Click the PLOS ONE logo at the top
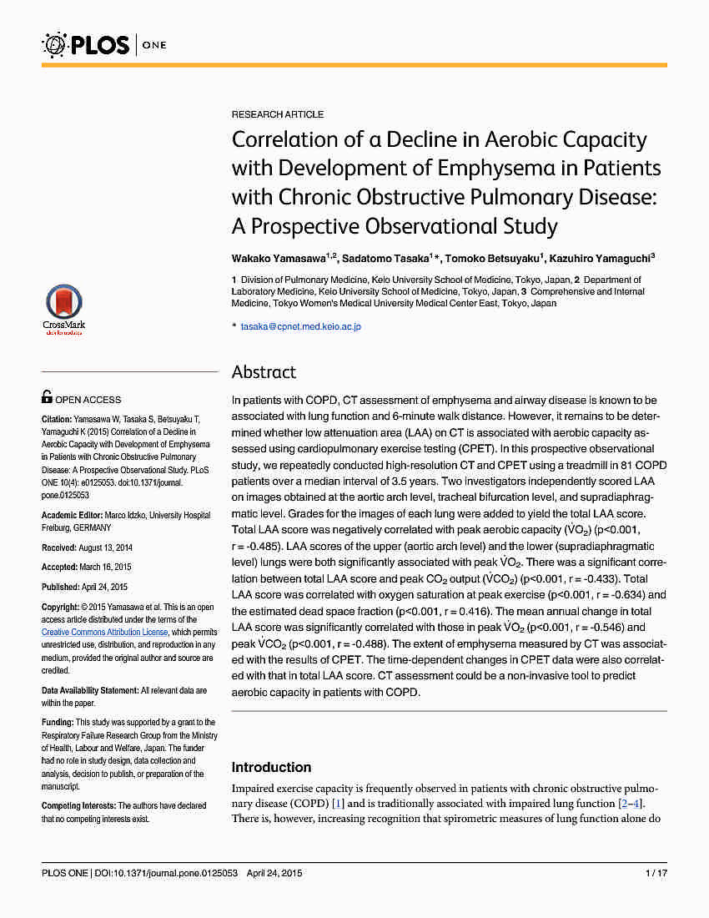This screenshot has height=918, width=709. click(104, 43)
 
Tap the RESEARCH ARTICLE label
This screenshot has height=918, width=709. click(278, 114)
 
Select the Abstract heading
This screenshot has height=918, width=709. click(264, 372)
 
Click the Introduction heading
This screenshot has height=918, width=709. click(271, 768)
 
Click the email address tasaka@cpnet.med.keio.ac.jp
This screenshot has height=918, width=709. click(300, 326)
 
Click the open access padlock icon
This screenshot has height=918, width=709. click(47, 398)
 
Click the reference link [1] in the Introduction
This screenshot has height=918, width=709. click(338, 804)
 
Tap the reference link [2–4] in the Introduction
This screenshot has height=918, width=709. click(629, 804)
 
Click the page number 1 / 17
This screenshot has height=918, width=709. click(656, 874)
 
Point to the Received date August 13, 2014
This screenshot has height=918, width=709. click(103, 547)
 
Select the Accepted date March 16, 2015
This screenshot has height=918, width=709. click(103, 567)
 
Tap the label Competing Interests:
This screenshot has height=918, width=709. click(78, 806)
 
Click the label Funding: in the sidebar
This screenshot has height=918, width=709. click(58, 723)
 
